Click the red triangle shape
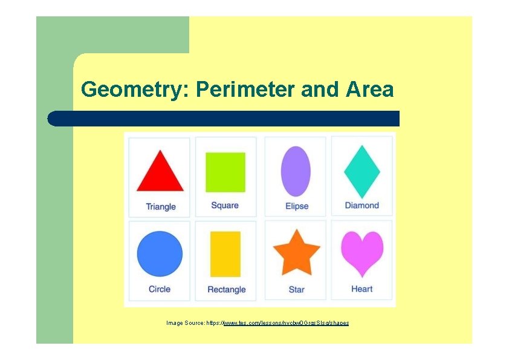pos(160,174)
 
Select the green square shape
pos(225,172)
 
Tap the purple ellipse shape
pos(296,171)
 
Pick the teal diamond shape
pos(362,172)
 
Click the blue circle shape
pos(160,254)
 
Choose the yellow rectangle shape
pos(225,254)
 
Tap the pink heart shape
pos(362,252)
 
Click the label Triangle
pos(161,207)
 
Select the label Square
pos(225,206)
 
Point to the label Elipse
pos(297,206)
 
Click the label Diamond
pos(362,206)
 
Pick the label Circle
pos(160,289)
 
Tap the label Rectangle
pos(227,290)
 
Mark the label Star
pos(297,290)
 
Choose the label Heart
pos(362,289)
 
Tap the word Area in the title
pos(370,90)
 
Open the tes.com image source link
pos(286,323)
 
